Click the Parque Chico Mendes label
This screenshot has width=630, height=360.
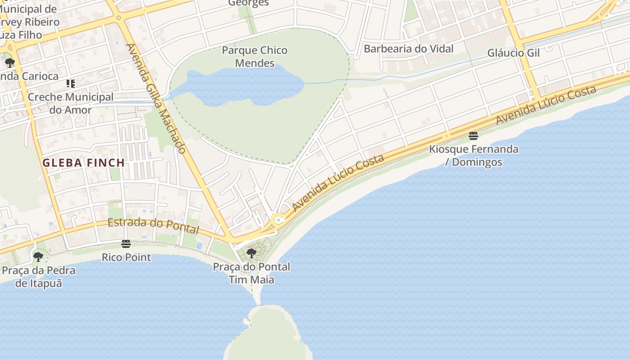tap(255, 57)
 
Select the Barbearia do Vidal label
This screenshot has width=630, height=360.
tap(408, 49)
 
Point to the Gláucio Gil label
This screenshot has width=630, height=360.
tap(513, 53)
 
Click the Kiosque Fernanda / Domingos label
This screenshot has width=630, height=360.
tap(473, 155)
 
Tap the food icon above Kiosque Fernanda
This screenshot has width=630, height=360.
tap(473, 135)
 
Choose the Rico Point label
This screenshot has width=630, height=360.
tap(126, 257)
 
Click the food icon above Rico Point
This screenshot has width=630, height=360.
tap(126, 244)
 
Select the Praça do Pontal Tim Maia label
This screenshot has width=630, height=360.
tap(252, 273)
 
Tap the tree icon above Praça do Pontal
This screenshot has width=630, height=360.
tap(252, 253)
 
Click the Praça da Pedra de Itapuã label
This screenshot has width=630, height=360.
tap(39, 277)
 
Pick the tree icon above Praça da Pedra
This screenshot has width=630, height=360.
tap(38, 257)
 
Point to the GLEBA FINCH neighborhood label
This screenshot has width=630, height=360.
tap(84, 163)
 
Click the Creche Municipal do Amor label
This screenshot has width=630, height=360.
tap(71, 103)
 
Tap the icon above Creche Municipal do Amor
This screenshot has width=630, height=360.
tap(70, 84)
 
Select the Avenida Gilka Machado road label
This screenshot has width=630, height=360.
tap(156, 99)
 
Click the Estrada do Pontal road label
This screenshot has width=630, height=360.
tap(153, 226)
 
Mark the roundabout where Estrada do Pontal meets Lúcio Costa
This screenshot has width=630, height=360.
tap(279, 220)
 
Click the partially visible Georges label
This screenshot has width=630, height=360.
tap(248, 3)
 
